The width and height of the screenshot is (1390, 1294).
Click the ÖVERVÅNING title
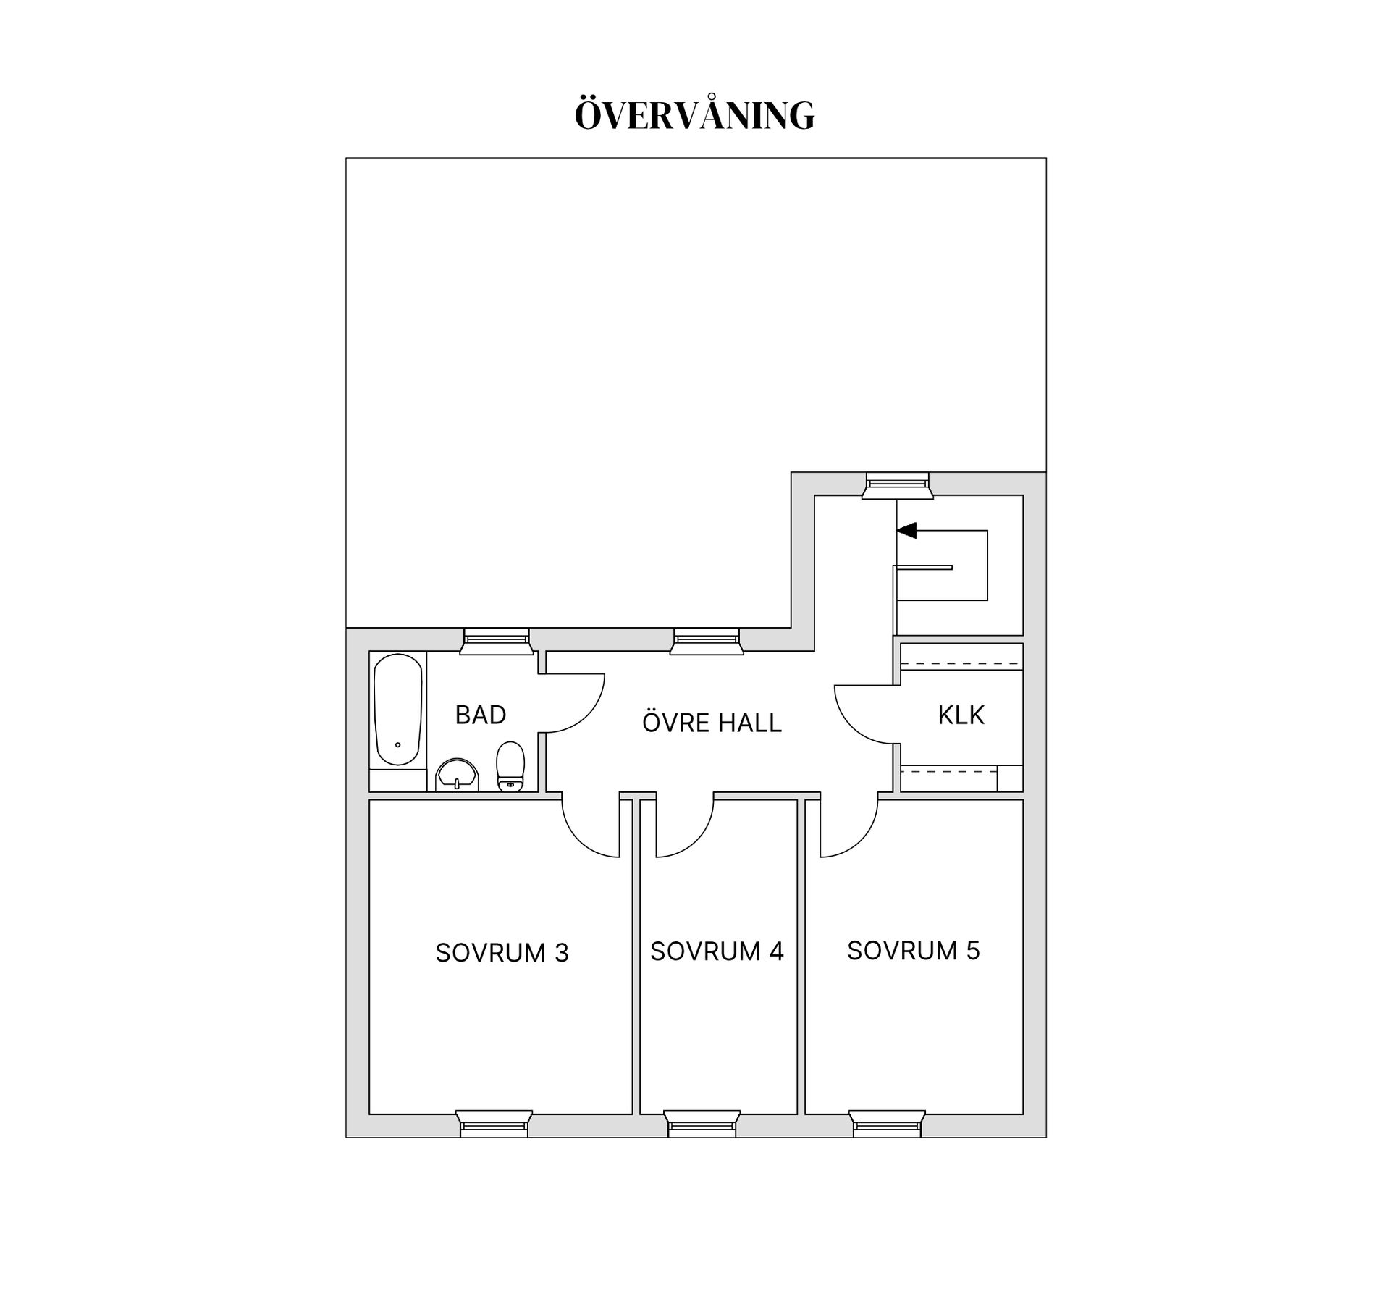[694, 114]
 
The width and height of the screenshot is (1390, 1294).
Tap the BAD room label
[481, 715]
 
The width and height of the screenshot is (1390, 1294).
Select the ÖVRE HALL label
[712, 722]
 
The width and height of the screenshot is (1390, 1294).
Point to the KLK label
[961, 715]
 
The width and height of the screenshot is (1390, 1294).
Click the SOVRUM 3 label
[502, 953]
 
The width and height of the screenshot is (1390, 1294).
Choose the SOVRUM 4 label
[717, 951]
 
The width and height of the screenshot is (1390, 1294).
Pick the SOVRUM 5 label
[914, 950]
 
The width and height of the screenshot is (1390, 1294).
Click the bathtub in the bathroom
[397, 710]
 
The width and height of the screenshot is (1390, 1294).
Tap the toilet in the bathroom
[510, 767]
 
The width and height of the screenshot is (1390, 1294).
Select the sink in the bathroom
[457, 775]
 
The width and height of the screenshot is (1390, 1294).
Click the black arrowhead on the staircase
[906, 531]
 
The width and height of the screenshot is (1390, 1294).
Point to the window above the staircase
[897, 485]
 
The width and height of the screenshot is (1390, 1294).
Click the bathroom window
[496, 642]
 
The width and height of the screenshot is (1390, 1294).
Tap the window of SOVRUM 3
[494, 1124]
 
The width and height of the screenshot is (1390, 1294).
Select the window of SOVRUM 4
[702, 1124]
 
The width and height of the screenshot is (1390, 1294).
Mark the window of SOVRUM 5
[888, 1124]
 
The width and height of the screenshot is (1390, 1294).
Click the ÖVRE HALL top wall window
[707, 642]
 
